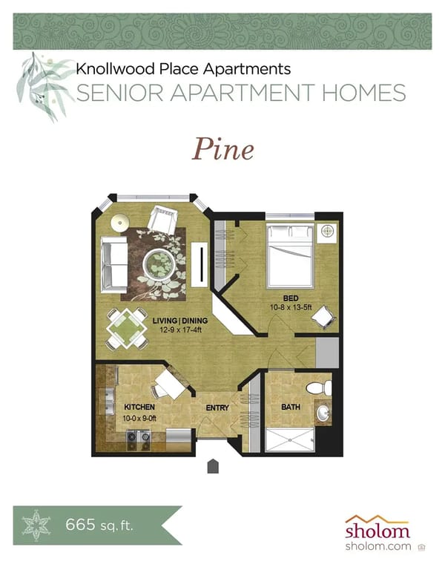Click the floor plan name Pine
click(x=223, y=149)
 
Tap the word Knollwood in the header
click(x=108, y=71)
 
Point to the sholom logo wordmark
click(x=377, y=531)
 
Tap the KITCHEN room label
click(x=139, y=408)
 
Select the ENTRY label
click(x=217, y=408)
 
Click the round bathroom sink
click(x=323, y=413)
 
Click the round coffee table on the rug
click(x=159, y=263)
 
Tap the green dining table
click(x=127, y=327)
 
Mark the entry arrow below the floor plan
click(x=213, y=466)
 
